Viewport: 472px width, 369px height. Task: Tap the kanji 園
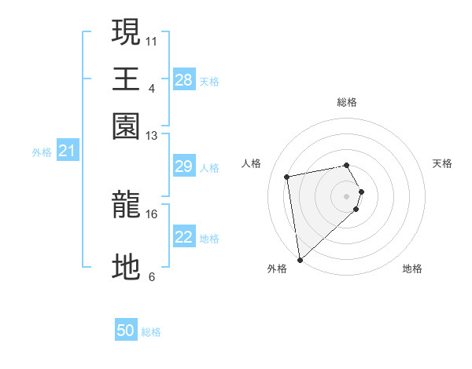tap(127, 126)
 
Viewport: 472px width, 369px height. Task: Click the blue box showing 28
tap(184, 80)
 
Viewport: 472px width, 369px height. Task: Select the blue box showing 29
tap(184, 166)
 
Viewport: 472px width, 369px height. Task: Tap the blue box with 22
tap(184, 237)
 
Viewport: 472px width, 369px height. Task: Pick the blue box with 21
tap(66, 151)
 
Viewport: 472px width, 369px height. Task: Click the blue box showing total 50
tap(126, 331)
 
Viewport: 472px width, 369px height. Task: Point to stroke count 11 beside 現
tap(152, 40)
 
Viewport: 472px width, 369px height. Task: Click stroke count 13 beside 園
tap(152, 137)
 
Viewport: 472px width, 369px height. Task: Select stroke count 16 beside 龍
tap(152, 214)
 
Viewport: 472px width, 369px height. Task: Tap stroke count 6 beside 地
tap(152, 276)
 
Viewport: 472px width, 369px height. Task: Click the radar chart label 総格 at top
tap(346, 102)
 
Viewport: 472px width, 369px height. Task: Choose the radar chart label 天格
tap(443, 163)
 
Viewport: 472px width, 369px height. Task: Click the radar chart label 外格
tap(277, 269)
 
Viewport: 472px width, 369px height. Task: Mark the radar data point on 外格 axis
tap(300, 260)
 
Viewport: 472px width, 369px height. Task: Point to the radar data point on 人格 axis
tap(287, 176)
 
